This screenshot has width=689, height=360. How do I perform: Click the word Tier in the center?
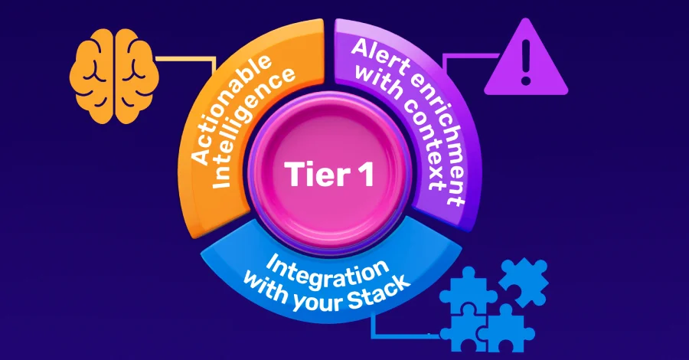pos(315,175)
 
